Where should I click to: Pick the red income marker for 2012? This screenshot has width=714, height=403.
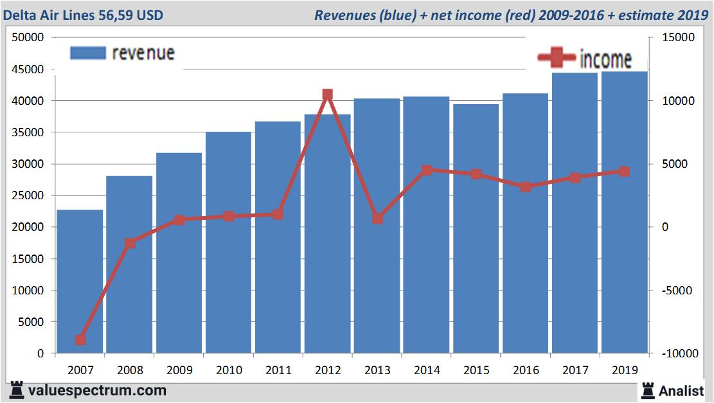[x=327, y=94]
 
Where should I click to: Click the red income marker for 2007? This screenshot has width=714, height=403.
[x=80, y=340]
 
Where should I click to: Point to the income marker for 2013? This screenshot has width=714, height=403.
[x=377, y=219]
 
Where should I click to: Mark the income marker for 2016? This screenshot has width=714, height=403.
[x=526, y=187]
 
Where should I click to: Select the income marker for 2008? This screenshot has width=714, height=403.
[x=130, y=243]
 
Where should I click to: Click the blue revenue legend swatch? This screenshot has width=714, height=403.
[x=87, y=53]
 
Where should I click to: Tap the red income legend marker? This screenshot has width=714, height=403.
[x=556, y=58]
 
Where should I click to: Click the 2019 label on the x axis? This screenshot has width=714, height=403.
[x=625, y=370]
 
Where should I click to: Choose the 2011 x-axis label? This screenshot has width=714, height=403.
[x=278, y=370]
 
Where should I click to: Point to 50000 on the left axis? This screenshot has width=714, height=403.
[x=28, y=38]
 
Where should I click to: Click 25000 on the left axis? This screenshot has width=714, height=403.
[x=28, y=195]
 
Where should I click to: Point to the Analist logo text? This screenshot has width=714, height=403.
[x=681, y=390]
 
